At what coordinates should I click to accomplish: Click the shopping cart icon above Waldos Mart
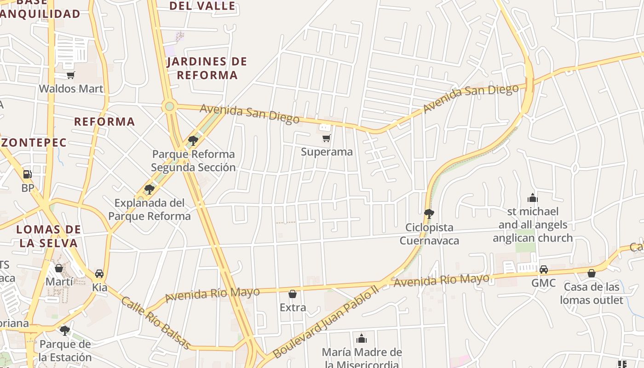pos(70,75)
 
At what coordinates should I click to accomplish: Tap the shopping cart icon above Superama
pos(327,138)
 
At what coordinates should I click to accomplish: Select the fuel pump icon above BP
pos(28,174)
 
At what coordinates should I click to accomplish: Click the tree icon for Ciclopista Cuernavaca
pos(429,214)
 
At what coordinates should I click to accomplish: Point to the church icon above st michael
pos(533,198)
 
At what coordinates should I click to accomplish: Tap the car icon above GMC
pos(544,270)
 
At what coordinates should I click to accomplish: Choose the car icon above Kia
pos(99,274)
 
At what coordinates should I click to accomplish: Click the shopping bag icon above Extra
pos(293,294)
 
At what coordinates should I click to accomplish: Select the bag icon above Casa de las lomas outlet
pos(592,274)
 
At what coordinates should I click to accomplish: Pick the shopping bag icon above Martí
pos(59,268)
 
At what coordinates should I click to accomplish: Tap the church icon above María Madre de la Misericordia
pos(362,339)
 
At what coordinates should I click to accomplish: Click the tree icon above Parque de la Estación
pos(65,331)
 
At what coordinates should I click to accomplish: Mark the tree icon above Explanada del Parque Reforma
pos(149,189)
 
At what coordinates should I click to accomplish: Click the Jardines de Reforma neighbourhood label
pos(207,68)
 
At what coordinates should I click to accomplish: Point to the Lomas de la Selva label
pos(49,236)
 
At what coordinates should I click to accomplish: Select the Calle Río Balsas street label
pos(155,322)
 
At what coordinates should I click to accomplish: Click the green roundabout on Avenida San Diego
pos(170,107)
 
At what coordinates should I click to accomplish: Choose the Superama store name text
pos(327,152)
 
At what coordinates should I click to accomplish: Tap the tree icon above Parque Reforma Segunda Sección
pos(193,141)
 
